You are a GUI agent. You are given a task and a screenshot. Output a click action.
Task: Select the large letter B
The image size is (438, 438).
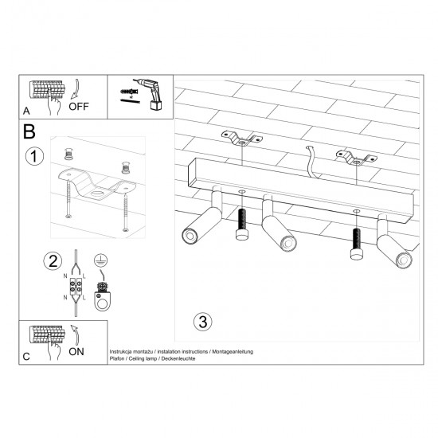[x=29, y=131]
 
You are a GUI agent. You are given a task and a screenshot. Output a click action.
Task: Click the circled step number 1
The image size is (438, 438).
[x=33, y=156]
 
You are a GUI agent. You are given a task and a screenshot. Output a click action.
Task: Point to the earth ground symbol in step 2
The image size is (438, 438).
[x=101, y=260]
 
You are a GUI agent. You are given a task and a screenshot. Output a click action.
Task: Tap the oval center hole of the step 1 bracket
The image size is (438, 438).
[x=97, y=192]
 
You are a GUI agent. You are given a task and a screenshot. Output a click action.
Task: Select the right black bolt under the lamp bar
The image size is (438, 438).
[x=355, y=244]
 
